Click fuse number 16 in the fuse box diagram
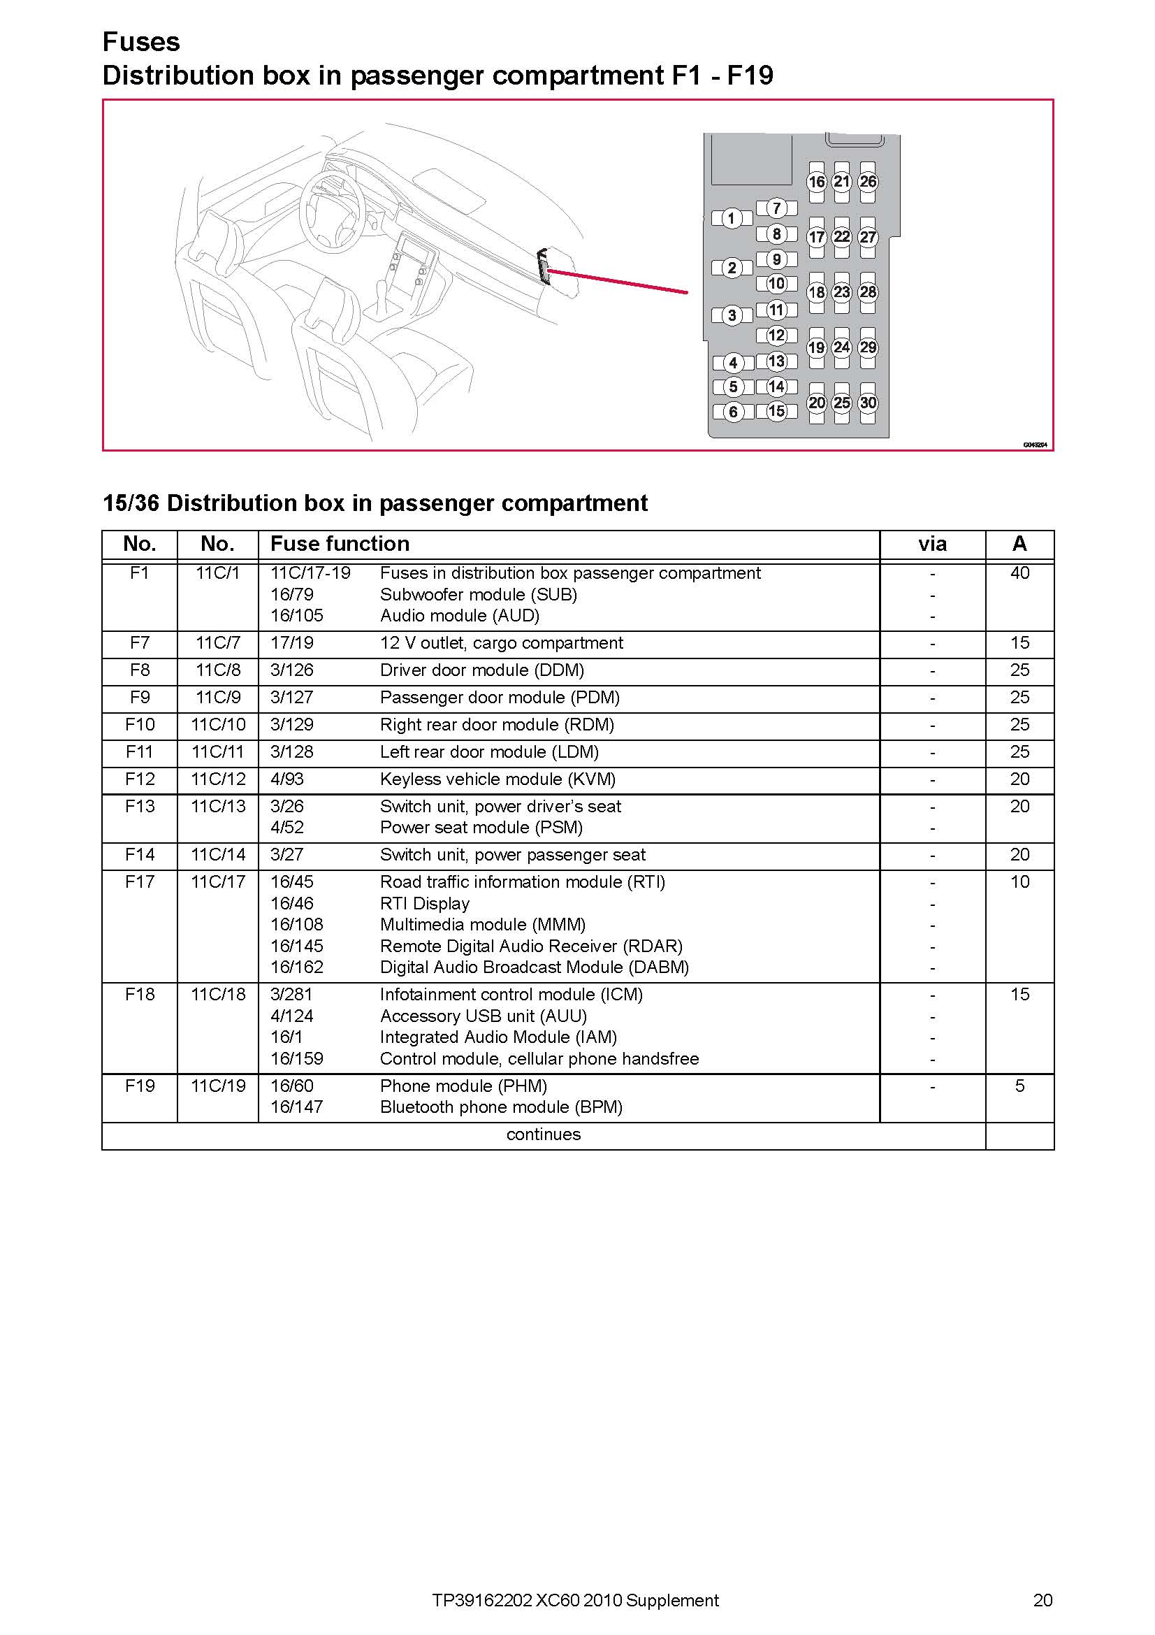(x=816, y=182)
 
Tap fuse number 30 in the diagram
(x=868, y=403)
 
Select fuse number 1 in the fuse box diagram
(x=732, y=219)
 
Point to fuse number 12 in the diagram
(x=776, y=336)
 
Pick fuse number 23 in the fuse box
(x=842, y=292)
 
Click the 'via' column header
(x=932, y=545)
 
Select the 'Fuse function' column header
(x=340, y=544)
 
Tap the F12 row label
(x=140, y=779)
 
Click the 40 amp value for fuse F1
(x=1019, y=573)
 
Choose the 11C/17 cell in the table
(x=218, y=882)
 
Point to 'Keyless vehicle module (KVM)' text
(x=497, y=779)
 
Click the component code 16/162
(x=297, y=967)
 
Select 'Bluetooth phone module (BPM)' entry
(x=501, y=1107)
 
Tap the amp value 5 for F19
(x=1019, y=1087)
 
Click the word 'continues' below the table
(x=544, y=1135)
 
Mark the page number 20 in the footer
(x=1043, y=1600)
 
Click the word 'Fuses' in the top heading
(x=141, y=42)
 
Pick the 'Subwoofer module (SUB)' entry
(x=478, y=595)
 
